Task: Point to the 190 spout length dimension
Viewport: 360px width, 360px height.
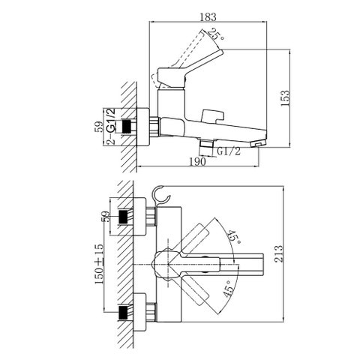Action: pyautogui.click(x=198, y=160)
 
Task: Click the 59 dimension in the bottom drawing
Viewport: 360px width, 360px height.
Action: pyautogui.click(x=104, y=219)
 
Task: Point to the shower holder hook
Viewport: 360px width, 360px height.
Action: pyautogui.click(x=158, y=196)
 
